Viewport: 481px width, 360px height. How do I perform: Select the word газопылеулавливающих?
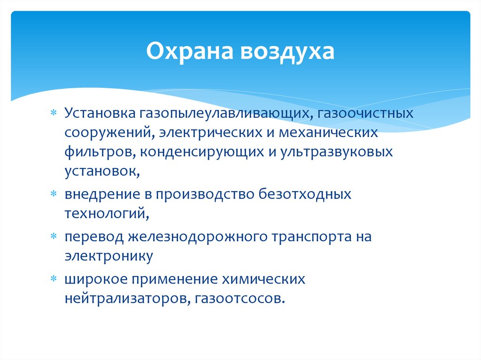(224, 114)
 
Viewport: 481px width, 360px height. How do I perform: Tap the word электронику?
(109, 256)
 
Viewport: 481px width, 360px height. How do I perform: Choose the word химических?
(264, 279)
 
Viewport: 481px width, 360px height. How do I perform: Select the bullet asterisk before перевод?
(54, 237)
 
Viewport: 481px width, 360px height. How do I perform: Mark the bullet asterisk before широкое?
(54, 279)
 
